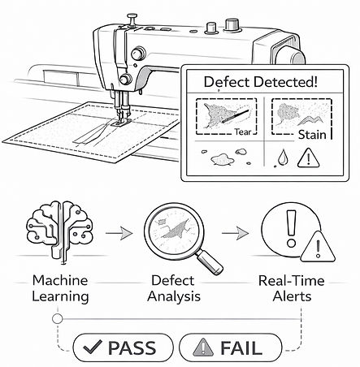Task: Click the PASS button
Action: tap(123, 348)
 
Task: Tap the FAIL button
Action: tap(231, 348)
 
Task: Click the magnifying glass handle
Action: tap(210, 261)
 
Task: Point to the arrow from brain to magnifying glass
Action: tap(119, 233)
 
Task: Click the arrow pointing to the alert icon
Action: tap(235, 233)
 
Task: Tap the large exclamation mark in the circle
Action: tap(291, 229)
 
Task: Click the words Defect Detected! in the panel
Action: tap(260, 82)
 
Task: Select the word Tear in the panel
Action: tap(243, 132)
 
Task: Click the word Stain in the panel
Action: tap(312, 135)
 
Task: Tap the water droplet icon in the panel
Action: tap(283, 158)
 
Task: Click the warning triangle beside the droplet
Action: tap(309, 158)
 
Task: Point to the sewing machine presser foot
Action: tap(120, 122)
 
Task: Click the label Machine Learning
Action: tap(60, 288)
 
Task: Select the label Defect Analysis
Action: tap(174, 288)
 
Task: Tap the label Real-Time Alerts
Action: tap(292, 288)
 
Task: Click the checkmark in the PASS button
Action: tap(93, 347)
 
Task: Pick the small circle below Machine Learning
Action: tap(57, 319)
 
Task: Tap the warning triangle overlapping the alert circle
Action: tap(318, 248)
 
